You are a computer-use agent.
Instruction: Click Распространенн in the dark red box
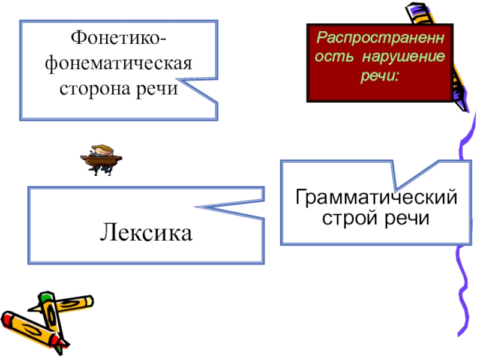pos(382,38)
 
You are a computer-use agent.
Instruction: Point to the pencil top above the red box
pos(414,10)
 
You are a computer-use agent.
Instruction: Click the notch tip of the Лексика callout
pos(195,208)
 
